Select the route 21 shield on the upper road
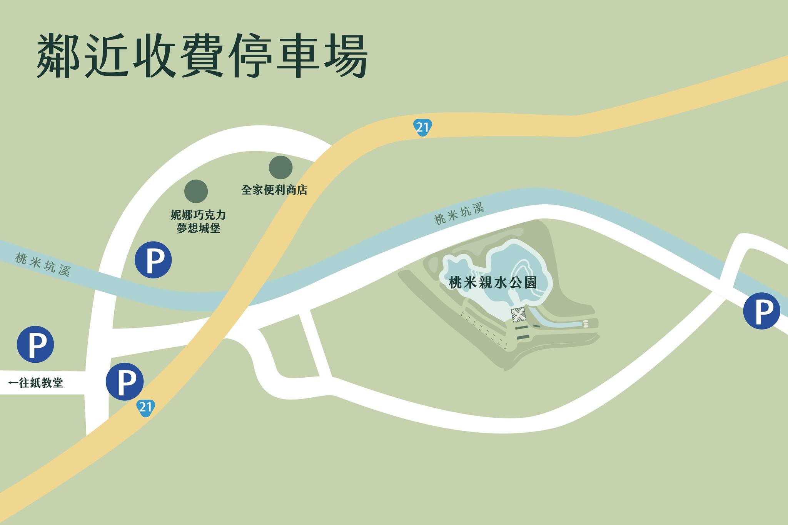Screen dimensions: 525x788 [422, 127]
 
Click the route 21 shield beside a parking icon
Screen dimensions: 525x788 [145, 407]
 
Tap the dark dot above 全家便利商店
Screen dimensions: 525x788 [280, 167]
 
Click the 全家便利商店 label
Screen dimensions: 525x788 [274, 190]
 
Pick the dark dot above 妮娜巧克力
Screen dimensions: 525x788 [196, 191]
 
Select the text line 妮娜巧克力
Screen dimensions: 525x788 [198, 215]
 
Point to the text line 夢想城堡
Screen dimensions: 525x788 [198, 228]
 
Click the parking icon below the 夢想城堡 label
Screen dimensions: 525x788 [153, 260]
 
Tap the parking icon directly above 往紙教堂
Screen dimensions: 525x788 [35, 344]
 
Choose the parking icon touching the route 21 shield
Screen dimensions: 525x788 [125, 381]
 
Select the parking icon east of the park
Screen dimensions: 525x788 [761, 311]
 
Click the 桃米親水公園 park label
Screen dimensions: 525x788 [493, 283]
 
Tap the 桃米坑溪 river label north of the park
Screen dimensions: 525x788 [459, 214]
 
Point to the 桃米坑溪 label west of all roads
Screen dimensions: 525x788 [43, 264]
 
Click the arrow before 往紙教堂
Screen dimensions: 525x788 [13, 383]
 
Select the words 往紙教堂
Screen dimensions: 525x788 [41, 383]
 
